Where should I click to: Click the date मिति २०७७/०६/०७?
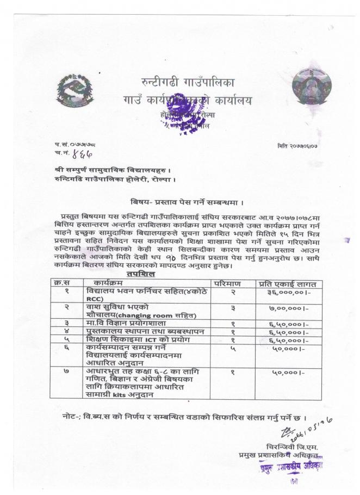301,146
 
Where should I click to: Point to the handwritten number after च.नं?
78,154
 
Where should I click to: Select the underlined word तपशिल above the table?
145,274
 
